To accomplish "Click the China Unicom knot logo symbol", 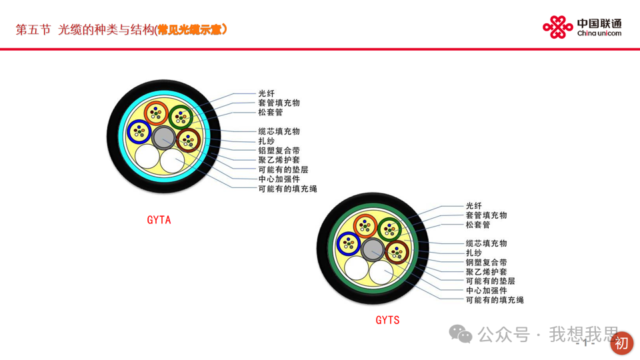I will click(558, 27).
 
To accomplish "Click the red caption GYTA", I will click(159, 220).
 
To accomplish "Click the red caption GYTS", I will click(387, 320).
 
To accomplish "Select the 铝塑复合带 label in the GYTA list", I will click(279, 151).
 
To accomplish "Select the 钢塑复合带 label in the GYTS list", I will click(486, 263).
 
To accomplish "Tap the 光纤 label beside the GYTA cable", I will click(266, 93).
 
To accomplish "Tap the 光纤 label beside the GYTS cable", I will click(473, 206).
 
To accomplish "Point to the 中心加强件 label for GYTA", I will click(279, 179).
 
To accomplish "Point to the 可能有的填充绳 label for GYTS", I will click(495, 301).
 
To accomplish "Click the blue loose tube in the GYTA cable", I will click(140, 131).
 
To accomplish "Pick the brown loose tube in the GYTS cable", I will click(397, 253).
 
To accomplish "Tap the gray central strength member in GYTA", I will click(163, 137).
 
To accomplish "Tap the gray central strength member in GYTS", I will click(372, 250).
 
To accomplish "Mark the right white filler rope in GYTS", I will click(381, 273).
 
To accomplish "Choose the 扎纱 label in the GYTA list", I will click(266, 141).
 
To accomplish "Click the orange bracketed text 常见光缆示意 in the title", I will click(193, 30).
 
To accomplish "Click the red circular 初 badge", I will click(621, 343).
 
